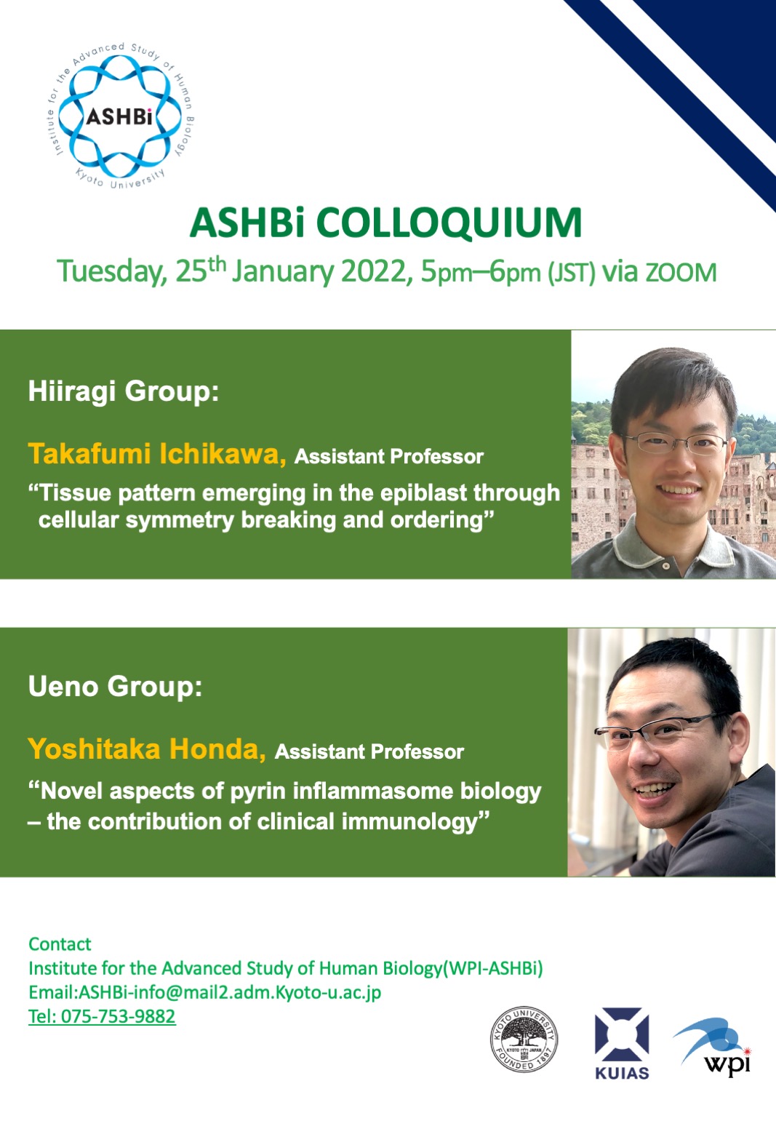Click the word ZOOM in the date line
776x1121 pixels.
click(681, 274)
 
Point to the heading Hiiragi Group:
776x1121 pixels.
click(124, 392)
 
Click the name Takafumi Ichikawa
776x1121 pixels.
click(156, 454)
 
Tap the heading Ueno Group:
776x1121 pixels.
click(115, 686)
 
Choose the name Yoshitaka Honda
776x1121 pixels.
click(147, 749)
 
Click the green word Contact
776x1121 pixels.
click(60, 944)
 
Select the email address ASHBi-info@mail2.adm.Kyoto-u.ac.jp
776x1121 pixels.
click(230, 992)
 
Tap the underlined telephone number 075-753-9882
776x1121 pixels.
click(118, 1016)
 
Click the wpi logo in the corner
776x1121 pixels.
click(713, 1046)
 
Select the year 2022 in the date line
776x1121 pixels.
click(373, 272)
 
